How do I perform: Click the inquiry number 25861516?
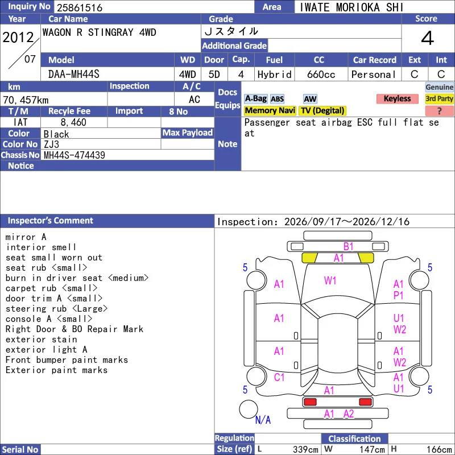click(x=80, y=7)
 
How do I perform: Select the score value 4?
click(x=428, y=38)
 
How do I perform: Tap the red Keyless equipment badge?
click(x=397, y=98)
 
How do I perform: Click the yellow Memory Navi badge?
click(x=270, y=110)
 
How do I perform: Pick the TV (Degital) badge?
click(x=322, y=110)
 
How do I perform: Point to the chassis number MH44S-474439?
click(x=75, y=155)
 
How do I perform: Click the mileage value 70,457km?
click(x=26, y=100)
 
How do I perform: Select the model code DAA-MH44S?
click(x=74, y=75)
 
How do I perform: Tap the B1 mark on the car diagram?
click(x=348, y=247)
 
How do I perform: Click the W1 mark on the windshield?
click(x=330, y=280)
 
